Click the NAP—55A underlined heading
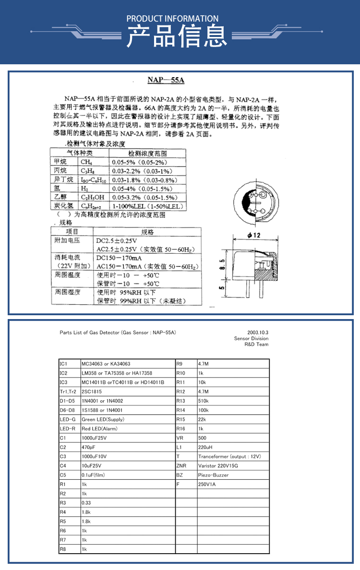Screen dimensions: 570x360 point(166,81)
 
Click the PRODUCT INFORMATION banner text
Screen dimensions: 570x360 point(172,19)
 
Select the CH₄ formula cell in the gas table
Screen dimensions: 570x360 point(86,162)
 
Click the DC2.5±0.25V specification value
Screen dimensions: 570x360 point(117,240)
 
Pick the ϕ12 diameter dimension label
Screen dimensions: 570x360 point(253,236)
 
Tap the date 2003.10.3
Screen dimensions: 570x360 point(258,332)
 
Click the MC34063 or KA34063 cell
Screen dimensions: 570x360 point(106,364)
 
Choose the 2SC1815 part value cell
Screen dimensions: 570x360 point(92,392)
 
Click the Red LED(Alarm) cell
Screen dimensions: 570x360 point(99,428)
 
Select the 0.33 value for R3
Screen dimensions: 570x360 point(86,503)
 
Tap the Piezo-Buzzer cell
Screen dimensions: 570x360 point(213,475)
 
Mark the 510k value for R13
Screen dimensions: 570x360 point(204,401)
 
